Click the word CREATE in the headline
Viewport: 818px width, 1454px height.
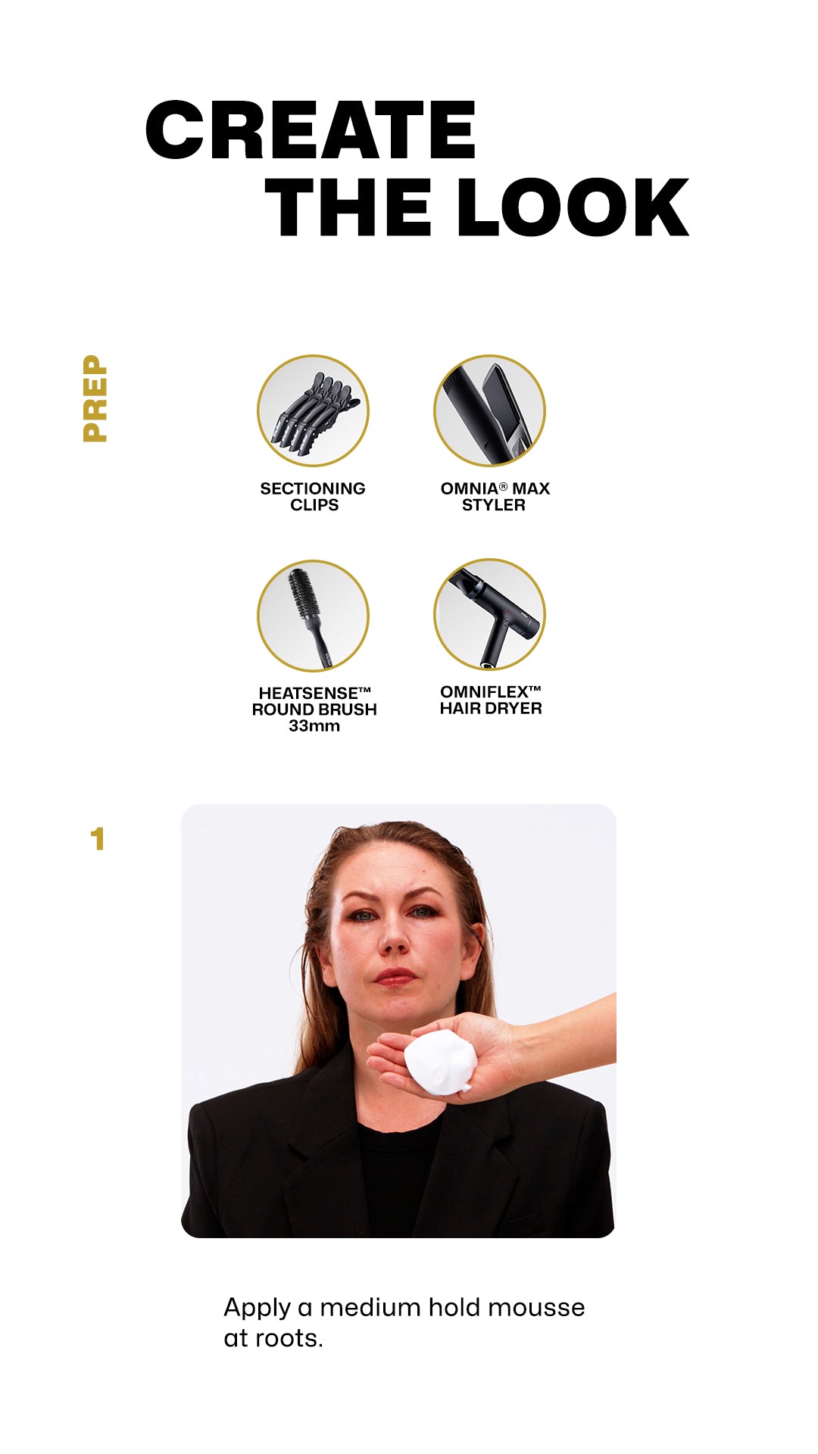click(311, 130)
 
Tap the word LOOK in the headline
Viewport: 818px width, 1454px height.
click(573, 207)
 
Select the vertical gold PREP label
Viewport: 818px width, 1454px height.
click(95, 398)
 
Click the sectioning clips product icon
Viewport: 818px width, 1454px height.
click(313, 410)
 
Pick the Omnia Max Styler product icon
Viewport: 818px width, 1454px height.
click(489, 410)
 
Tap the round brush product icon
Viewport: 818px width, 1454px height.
click(313, 615)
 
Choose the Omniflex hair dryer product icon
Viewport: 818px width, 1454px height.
click(489, 615)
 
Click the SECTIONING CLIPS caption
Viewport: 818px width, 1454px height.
click(313, 497)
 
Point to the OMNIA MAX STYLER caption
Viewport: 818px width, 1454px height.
click(495, 497)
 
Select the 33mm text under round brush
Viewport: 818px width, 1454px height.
click(314, 726)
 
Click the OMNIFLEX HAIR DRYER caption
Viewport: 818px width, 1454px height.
click(491, 700)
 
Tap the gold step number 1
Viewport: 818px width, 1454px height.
click(97, 839)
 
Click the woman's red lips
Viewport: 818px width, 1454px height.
click(395, 977)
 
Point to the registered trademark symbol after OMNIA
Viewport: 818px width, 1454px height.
click(503, 486)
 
